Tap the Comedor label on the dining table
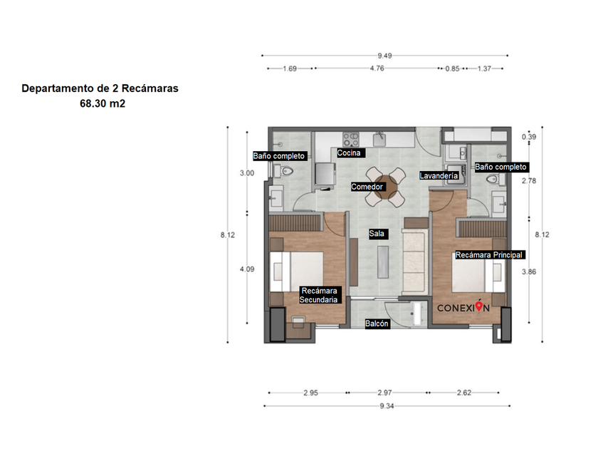pyautogui.click(x=367, y=187)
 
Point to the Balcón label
pyautogui.click(x=377, y=324)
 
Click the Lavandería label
pyautogui.click(x=439, y=175)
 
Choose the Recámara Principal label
pyautogui.click(x=490, y=254)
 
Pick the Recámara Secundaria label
pyautogui.click(x=320, y=295)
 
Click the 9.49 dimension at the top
pyautogui.click(x=385, y=56)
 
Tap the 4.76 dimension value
pyautogui.click(x=377, y=68)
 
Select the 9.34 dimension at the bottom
pyautogui.click(x=387, y=406)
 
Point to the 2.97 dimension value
pyautogui.click(x=385, y=393)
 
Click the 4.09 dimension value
pyautogui.click(x=247, y=269)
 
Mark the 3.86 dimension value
pyautogui.click(x=529, y=272)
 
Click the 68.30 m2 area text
pyautogui.click(x=103, y=103)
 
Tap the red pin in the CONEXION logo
pyautogui.click(x=479, y=306)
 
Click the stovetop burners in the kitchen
pyautogui.click(x=351, y=140)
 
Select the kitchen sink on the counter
pyautogui.click(x=379, y=140)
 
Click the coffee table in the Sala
pyautogui.click(x=383, y=262)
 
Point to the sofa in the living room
pyautogui.click(x=414, y=262)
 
